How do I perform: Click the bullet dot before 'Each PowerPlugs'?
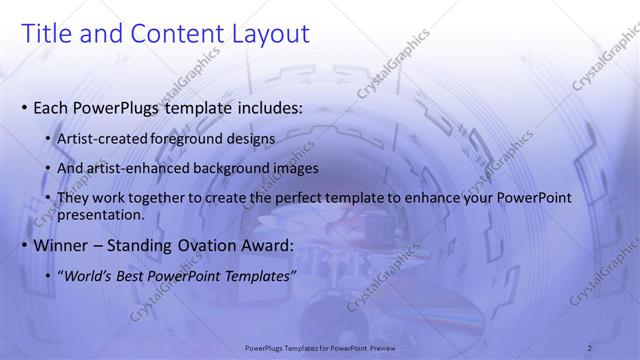pyautogui.click(x=25, y=107)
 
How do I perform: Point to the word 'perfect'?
pyautogui.click(x=318, y=198)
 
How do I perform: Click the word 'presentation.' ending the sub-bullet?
pyautogui.click(x=102, y=214)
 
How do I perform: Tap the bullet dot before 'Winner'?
pyautogui.click(x=25, y=245)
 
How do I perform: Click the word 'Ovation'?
pyautogui.click(x=216, y=245)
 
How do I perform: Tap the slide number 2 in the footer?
pyautogui.click(x=590, y=347)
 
